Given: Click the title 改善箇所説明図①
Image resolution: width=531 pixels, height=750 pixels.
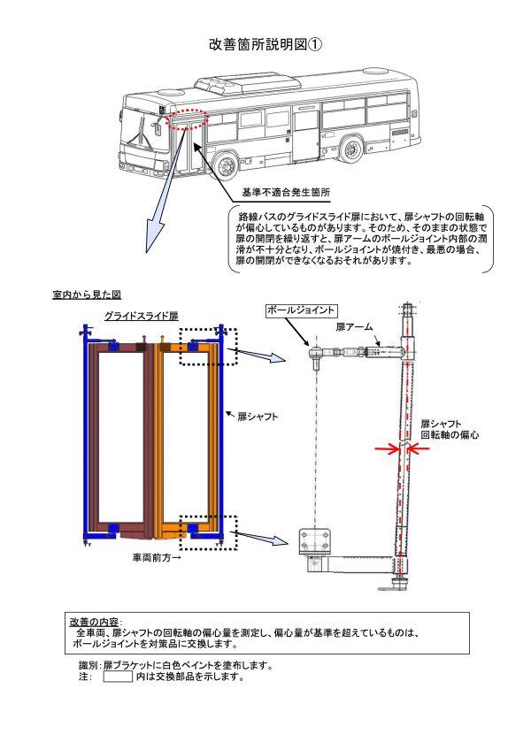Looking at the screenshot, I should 264,45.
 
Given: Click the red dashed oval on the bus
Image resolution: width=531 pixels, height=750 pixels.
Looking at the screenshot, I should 186,119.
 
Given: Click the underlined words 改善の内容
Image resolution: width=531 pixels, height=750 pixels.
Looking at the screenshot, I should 95,622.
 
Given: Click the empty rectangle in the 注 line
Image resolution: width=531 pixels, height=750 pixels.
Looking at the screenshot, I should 118,678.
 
